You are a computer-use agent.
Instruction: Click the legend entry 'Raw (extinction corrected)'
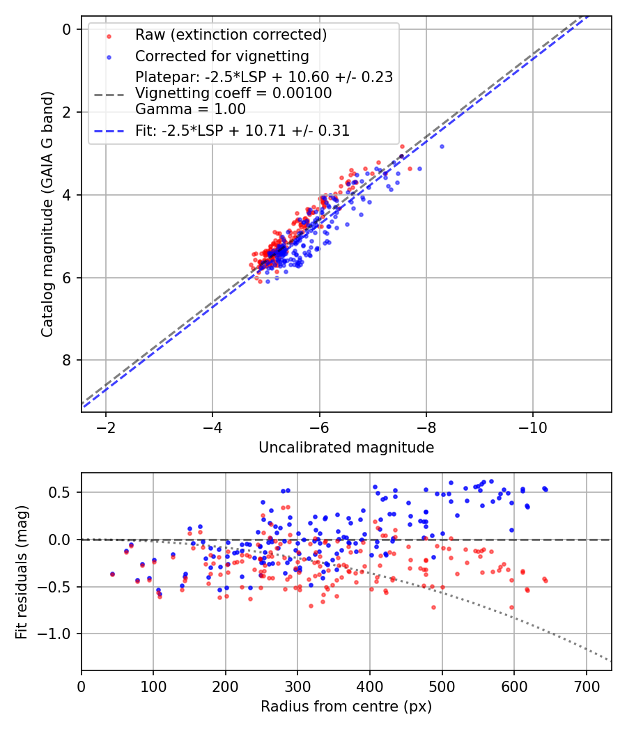click(231, 35)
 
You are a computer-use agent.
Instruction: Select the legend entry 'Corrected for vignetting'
click(222, 56)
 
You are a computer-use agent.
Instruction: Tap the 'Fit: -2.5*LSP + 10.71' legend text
click(242, 130)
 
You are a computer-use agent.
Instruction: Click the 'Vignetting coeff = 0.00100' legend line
click(233, 93)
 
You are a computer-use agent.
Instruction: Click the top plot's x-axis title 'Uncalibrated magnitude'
click(346, 448)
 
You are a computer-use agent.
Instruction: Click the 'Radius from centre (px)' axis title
click(346, 707)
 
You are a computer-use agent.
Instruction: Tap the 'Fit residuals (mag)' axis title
click(22, 572)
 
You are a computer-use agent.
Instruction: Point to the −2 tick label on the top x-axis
click(106, 426)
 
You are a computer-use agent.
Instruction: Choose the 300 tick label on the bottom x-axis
click(297, 685)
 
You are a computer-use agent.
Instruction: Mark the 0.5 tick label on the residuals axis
click(64, 492)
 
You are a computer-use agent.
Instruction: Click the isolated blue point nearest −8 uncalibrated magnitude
click(442, 146)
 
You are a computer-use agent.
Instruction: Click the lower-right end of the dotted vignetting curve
click(610, 660)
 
